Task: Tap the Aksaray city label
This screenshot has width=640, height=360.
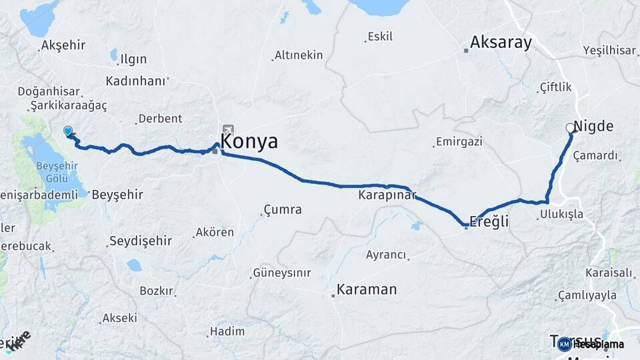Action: (501, 43)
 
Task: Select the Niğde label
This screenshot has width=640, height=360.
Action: (593, 127)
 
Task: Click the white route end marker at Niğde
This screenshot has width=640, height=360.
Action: (570, 127)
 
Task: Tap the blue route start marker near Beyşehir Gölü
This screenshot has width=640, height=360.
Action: (67, 131)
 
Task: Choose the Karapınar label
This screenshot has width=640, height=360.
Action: (387, 195)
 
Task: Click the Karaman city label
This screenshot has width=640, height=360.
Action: (366, 289)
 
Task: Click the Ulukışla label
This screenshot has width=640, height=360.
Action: (561, 214)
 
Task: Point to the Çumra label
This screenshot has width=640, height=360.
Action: (283, 209)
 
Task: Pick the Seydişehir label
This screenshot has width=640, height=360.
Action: (140, 241)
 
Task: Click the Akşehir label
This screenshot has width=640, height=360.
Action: (64, 45)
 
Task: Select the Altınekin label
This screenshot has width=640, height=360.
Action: (299, 55)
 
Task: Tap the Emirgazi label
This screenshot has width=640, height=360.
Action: (459, 142)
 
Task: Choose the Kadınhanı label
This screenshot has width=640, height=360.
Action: (135, 81)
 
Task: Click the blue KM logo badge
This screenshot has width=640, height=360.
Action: (565, 344)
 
